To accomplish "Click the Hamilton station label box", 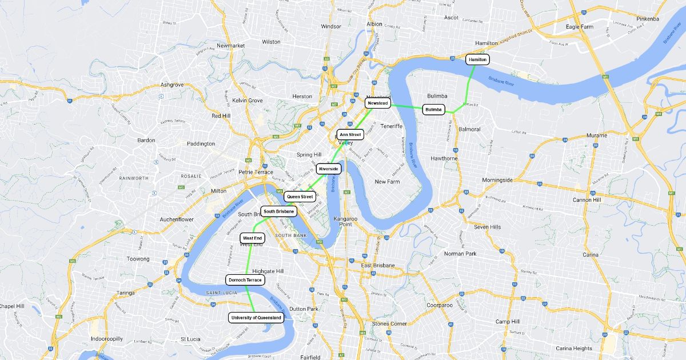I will pyautogui.click(x=477, y=59).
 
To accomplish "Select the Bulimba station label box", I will pyautogui.click(x=434, y=109).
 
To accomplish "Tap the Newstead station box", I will pyautogui.click(x=378, y=103).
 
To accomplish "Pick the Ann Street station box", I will pyautogui.click(x=350, y=135).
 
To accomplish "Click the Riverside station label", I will pyautogui.click(x=329, y=169).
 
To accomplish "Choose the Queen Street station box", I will pyautogui.click(x=300, y=197).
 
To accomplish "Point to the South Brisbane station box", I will pyautogui.click(x=279, y=211).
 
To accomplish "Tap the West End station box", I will pyautogui.click(x=252, y=238).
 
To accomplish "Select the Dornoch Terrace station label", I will pyautogui.click(x=245, y=280).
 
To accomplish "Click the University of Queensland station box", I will pyautogui.click(x=256, y=317).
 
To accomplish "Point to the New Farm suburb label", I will pyautogui.click(x=387, y=182).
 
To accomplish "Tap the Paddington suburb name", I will pyautogui.click(x=200, y=143).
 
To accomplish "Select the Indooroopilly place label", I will pyautogui.click(x=106, y=339).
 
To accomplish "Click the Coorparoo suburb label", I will pyautogui.click(x=440, y=305).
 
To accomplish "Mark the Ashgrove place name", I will pyautogui.click(x=172, y=85).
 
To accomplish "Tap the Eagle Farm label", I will pyautogui.click(x=580, y=27).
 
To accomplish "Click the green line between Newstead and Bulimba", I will pyautogui.click(x=406, y=106).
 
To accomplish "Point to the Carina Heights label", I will pyautogui.click(x=574, y=349).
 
